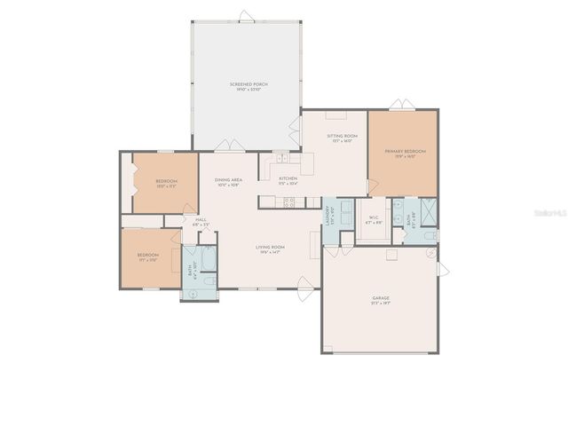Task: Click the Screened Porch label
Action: (x=248, y=85)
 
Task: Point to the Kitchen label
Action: (x=288, y=180)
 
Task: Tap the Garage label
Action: (x=381, y=300)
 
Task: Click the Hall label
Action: (x=201, y=222)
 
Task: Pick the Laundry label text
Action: (x=329, y=215)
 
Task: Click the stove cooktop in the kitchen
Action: (x=289, y=201)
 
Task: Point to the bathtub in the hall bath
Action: (x=209, y=258)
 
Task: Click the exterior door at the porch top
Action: (x=246, y=14)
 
